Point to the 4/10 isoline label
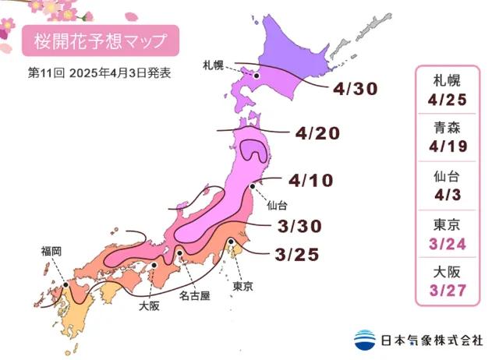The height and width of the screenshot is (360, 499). [x=310, y=181]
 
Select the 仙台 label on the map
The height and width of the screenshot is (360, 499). [x=277, y=206]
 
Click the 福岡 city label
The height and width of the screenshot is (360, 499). [x=51, y=251]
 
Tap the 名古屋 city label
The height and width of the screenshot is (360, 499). [x=194, y=296]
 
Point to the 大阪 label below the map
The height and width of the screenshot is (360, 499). [x=149, y=306]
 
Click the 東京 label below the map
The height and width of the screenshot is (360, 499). [x=242, y=286]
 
